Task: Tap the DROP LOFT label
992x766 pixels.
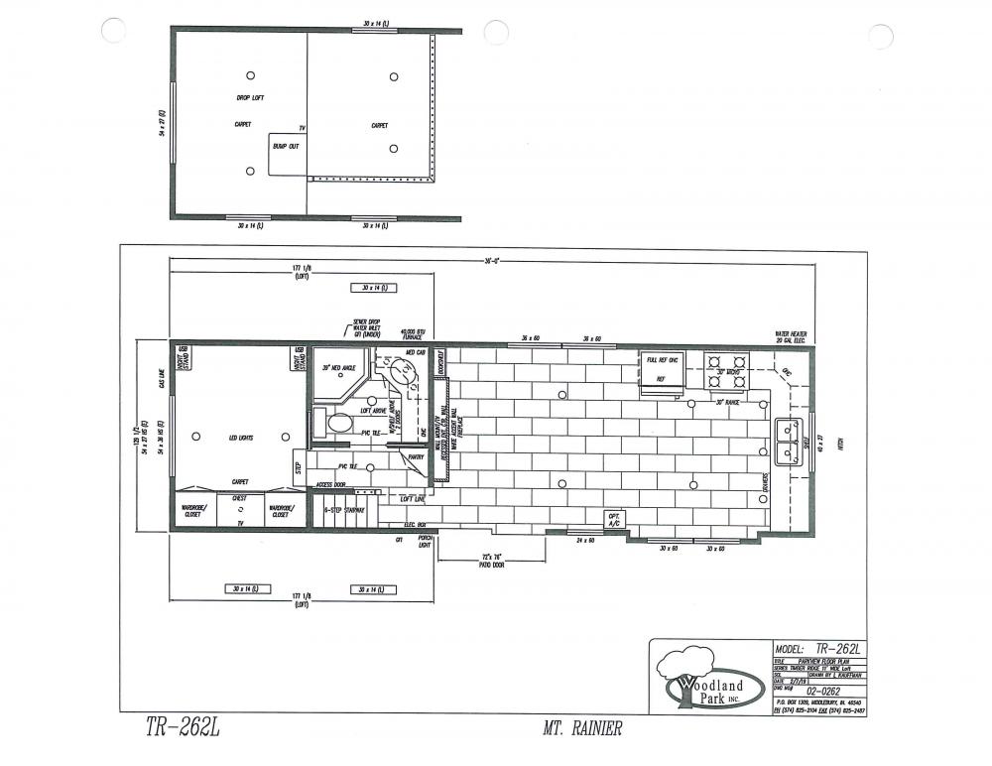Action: pos(250,97)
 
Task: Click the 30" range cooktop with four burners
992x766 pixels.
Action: pos(725,371)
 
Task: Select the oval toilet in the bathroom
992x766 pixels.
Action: pos(338,424)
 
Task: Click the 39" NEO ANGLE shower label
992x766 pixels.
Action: pos(338,368)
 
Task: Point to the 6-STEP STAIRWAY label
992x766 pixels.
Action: pos(345,510)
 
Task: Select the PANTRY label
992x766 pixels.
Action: pos(415,457)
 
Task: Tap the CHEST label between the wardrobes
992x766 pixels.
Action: pos(240,499)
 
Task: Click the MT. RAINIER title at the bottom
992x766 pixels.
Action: pos(582,730)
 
